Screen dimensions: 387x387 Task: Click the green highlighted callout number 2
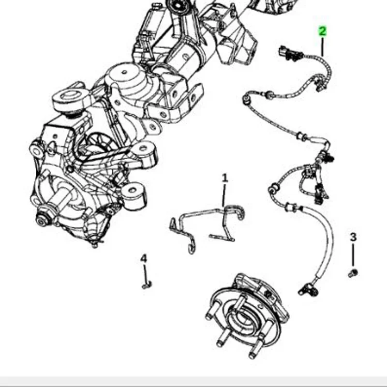322,32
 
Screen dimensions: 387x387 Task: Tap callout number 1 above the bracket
224,178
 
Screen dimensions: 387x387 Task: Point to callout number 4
144,259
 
